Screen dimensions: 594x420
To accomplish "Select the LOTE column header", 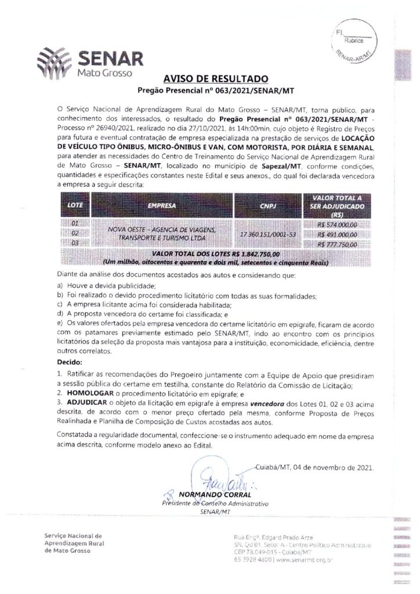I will pos(75,205).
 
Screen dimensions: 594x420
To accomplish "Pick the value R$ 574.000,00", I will pos(337,224).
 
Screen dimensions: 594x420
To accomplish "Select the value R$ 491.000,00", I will pos(337,234).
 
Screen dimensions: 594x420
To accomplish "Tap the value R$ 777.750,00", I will pos(337,245).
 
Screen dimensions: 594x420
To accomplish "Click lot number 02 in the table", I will pos(74,234).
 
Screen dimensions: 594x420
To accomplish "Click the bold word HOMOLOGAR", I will pos(84,392).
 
